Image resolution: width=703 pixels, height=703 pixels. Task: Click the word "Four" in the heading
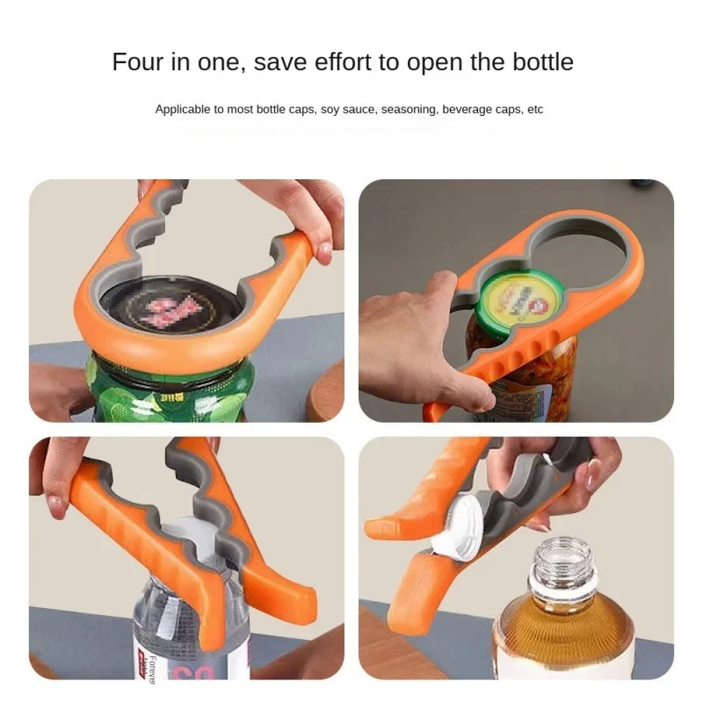point(137,62)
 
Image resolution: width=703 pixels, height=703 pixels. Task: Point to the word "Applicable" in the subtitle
point(180,110)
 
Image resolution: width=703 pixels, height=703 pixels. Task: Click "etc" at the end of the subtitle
point(535,110)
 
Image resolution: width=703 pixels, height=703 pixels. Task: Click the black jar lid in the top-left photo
point(175,312)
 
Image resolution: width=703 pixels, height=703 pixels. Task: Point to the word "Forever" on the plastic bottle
point(152,668)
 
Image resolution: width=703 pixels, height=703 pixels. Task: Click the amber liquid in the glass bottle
point(562,641)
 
